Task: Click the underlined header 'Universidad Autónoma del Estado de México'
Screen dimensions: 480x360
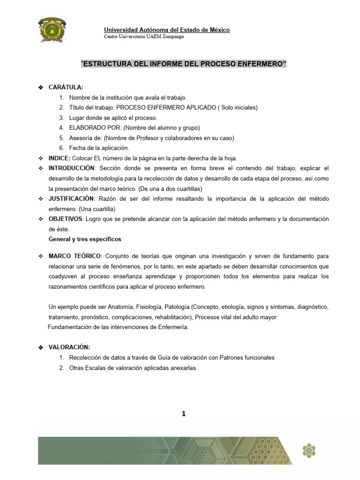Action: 166,30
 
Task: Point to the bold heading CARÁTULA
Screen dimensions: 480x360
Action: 66,88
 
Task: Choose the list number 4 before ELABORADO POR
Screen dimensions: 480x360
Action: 61,127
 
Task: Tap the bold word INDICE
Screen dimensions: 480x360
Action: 60,158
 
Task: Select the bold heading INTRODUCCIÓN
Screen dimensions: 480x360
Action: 72,168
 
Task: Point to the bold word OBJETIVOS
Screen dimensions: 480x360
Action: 66,219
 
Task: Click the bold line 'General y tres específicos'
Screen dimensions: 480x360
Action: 85,240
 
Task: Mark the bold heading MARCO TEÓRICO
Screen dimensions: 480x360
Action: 75,256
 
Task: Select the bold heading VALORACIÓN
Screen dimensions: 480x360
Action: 69,347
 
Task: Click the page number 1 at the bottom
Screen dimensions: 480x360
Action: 183,413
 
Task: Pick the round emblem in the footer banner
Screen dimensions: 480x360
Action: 309,451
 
